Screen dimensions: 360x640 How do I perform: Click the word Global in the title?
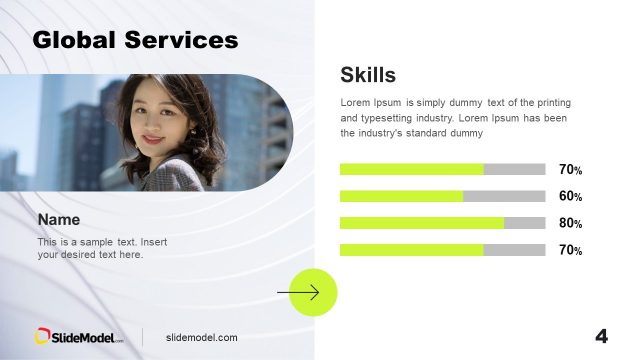coord(74,40)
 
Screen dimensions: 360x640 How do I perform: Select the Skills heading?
coord(368,74)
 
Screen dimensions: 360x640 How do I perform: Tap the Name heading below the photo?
coord(59,219)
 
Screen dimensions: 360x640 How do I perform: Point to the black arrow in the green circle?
coord(299,293)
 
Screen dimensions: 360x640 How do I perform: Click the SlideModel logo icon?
coord(44,337)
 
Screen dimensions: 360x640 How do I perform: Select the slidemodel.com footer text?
coord(202,338)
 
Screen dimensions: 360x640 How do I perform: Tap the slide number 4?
coord(601,336)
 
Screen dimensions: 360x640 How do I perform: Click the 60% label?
coord(570,197)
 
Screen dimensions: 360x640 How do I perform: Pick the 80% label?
coord(570,224)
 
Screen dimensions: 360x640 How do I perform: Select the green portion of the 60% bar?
coord(401,196)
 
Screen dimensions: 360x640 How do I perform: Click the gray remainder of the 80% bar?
coord(525,223)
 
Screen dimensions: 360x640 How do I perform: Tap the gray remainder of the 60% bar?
coord(504,196)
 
